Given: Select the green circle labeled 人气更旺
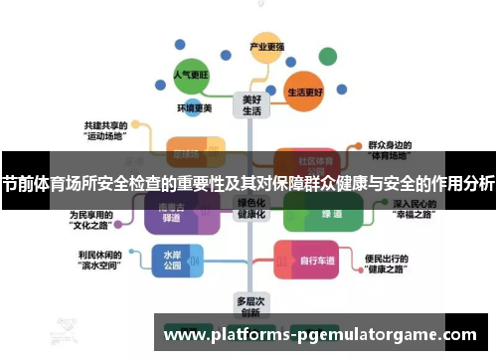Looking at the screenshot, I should pos(191,74).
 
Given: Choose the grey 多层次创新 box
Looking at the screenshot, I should pos(248,304).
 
